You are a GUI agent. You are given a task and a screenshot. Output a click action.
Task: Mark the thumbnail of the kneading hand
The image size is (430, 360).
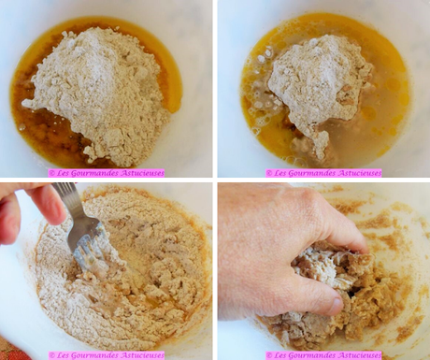click(x=335, y=306)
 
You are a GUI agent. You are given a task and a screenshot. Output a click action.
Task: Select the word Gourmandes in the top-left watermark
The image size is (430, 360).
click(x=91, y=173)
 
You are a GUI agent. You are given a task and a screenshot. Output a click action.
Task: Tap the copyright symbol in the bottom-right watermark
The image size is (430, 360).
click(x=268, y=355)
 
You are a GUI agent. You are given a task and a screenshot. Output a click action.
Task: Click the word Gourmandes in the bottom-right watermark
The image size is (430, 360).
click(x=308, y=355)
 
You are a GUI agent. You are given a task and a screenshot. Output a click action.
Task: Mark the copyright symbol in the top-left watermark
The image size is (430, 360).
click(x=51, y=173)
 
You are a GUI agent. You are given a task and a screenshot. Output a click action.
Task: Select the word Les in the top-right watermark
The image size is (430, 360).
click(x=279, y=173)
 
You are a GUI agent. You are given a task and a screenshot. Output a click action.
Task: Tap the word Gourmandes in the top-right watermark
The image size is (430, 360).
click(x=308, y=173)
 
